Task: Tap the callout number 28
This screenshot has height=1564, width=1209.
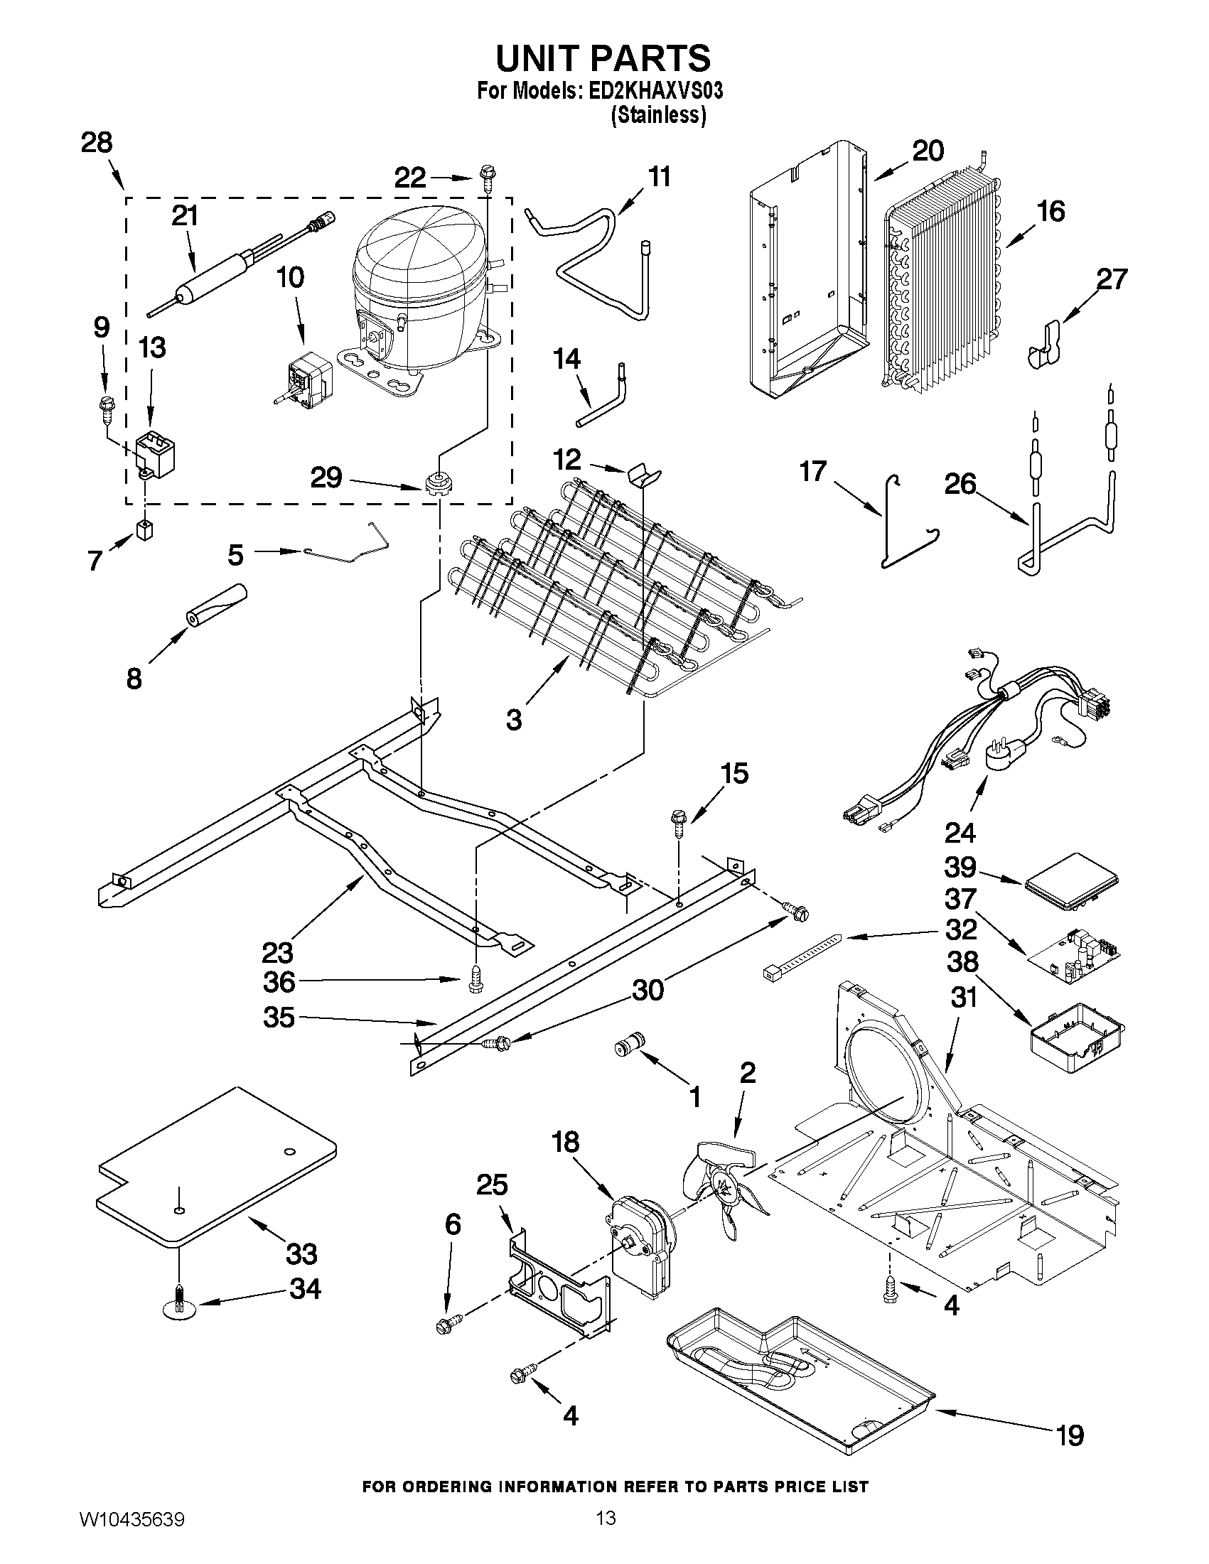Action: pos(97,144)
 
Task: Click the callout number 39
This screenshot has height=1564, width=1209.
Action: pos(960,867)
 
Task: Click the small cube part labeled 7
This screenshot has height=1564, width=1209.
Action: pos(146,531)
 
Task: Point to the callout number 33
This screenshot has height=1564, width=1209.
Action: pos(301,1254)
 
